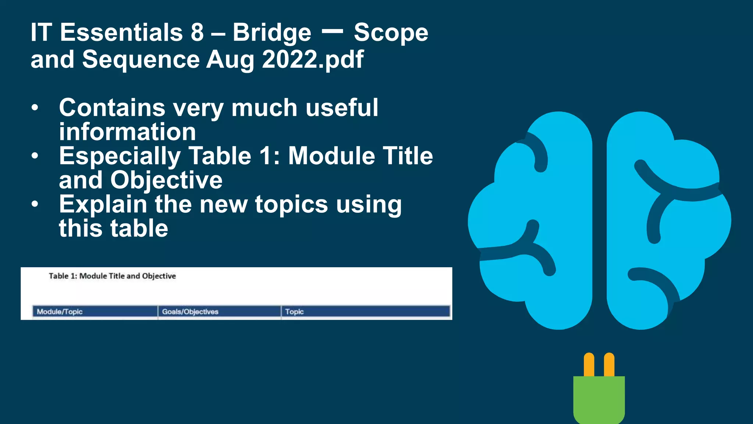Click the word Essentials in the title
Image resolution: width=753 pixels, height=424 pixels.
pyautogui.click(x=121, y=32)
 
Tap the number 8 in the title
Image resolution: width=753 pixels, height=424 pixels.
pyautogui.click(x=197, y=32)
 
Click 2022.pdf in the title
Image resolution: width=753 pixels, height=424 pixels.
pyautogui.click(x=313, y=60)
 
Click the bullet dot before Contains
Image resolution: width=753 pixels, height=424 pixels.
pyautogui.click(x=35, y=108)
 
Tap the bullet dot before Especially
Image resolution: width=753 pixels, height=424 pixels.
pyautogui.click(x=35, y=156)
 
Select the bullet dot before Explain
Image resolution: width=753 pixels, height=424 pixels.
pyautogui.click(x=35, y=204)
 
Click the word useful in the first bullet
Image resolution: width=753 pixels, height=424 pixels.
pyautogui.click(x=342, y=107)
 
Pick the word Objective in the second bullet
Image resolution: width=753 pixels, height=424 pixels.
pyautogui.click(x=166, y=180)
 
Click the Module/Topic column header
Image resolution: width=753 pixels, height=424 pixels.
pyautogui.click(x=60, y=312)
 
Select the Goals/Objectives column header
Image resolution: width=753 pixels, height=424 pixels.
pyautogui.click(x=190, y=312)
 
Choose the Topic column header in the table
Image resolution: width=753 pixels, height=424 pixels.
pyautogui.click(x=294, y=312)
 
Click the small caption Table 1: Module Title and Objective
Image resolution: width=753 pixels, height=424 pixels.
pyautogui.click(x=112, y=276)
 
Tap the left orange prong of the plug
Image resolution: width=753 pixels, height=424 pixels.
pyautogui.click(x=589, y=365)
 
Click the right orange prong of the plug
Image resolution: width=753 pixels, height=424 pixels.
pyautogui.click(x=609, y=365)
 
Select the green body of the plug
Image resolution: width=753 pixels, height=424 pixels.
pyautogui.click(x=599, y=399)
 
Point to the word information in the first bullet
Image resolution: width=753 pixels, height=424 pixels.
pyautogui.click(x=127, y=132)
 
